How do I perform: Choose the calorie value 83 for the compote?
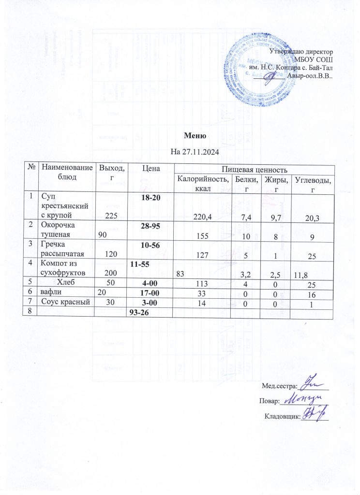tap(180, 274)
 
